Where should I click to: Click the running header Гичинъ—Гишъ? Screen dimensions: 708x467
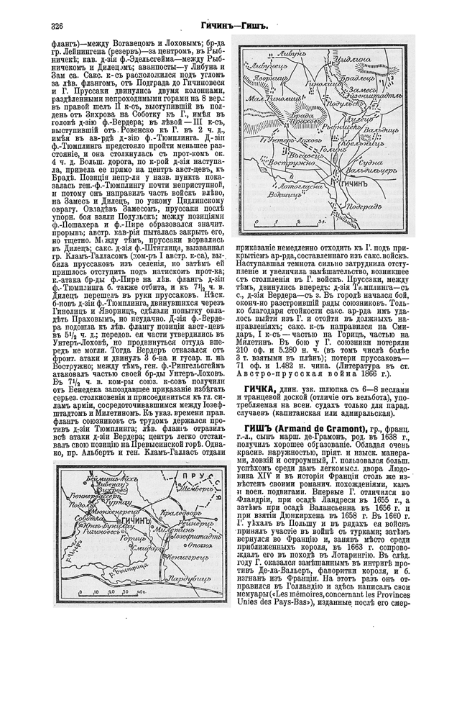click(x=234, y=26)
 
